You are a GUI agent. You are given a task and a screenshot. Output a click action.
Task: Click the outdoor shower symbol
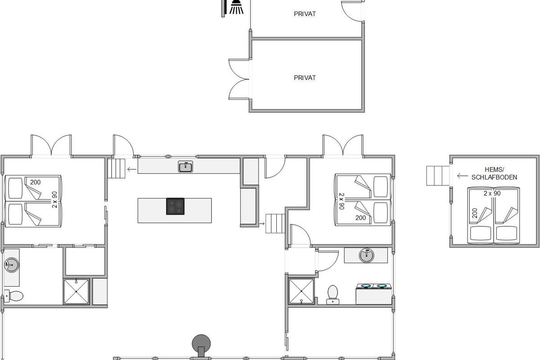pos(236,7)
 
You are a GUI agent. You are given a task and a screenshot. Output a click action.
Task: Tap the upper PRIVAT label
pos(305,14)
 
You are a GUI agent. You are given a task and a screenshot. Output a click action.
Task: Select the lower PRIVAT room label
pos(305,78)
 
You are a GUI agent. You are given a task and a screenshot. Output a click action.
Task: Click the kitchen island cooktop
pos(175,207)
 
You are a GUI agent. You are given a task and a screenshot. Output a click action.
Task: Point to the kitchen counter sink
pos(185,166)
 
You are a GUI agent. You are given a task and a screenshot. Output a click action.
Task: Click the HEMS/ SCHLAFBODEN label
pos(494,174)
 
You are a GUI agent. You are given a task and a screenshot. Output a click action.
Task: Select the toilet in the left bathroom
pos(14,296)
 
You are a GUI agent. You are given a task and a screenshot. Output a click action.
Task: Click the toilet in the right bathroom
pos(333,295)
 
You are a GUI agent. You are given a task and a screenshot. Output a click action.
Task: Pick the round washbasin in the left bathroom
pos(11,265)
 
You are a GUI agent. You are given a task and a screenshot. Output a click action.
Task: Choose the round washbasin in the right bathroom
pos(366,255)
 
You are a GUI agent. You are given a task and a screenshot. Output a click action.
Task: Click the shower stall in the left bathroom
pos(76,292)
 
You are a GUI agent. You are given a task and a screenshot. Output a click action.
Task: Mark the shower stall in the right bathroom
pos(301,291)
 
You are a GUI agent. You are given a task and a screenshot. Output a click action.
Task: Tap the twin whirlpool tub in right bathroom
pos(373,294)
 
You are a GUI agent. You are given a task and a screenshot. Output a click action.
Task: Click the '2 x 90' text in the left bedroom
pos(55,200)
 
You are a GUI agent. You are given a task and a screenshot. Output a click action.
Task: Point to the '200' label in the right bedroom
pos(360,218)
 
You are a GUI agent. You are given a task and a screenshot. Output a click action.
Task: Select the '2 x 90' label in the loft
pos(492,193)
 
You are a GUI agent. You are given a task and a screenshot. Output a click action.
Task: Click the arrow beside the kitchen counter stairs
pos(131,169)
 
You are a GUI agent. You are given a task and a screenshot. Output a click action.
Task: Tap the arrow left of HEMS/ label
pos(463,176)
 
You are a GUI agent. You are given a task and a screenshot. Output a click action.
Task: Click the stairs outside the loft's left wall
pos(438,176)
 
